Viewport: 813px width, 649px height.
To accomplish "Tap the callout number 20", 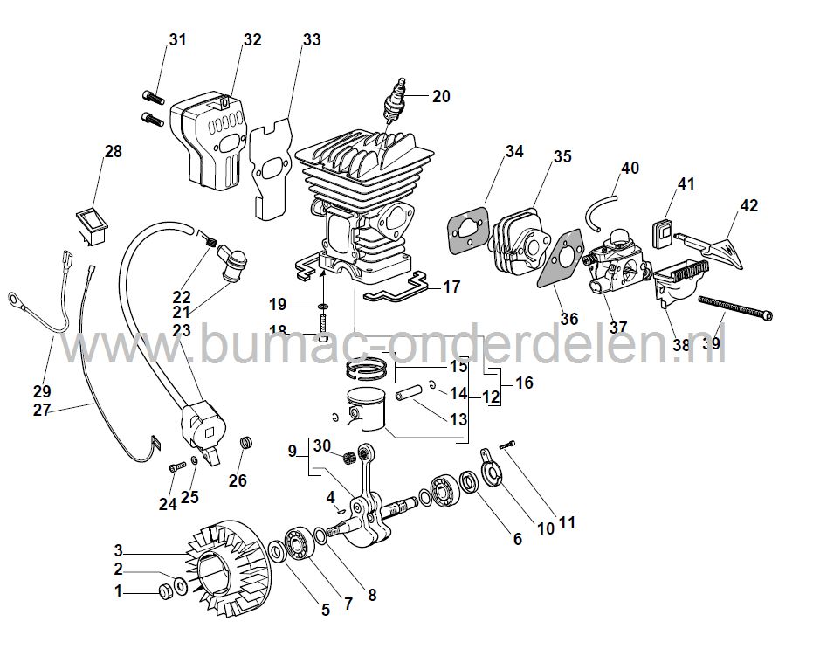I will pyautogui.click(x=441, y=96).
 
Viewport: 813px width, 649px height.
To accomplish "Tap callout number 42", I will pyautogui.click(x=748, y=206).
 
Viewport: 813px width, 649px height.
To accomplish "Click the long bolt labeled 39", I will pyautogui.click(x=734, y=311).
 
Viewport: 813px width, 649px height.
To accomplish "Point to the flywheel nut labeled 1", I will pyautogui.click(x=163, y=593).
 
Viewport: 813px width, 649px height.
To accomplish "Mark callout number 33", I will pyautogui.click(x=312, y=40).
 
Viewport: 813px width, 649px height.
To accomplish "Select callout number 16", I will pyautogui.click(x=523, y=383).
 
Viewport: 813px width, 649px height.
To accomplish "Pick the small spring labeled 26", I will pyautogui.click(x=246, y=444).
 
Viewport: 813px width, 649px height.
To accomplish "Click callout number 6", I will pyautogui.click(x=517, y=540).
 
